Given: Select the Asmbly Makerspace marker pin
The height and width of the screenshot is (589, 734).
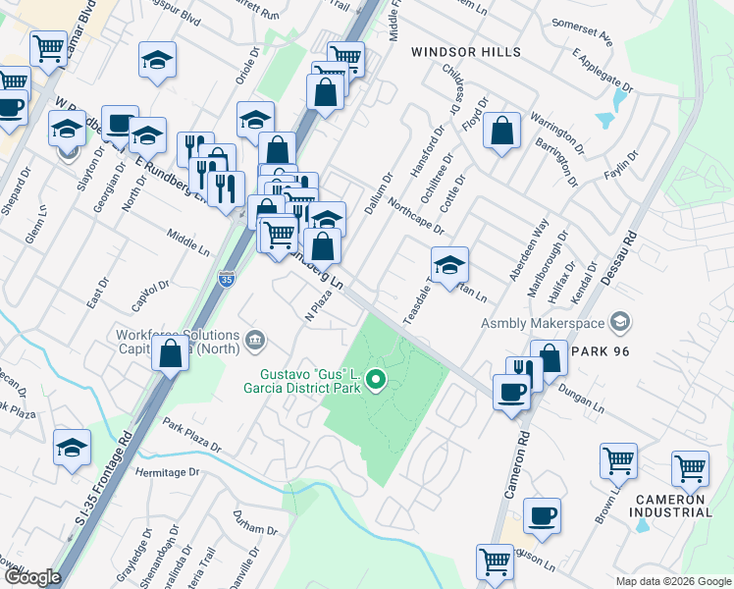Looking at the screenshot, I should click(619, 322).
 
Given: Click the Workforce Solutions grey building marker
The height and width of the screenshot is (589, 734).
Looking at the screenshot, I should click(254, 341).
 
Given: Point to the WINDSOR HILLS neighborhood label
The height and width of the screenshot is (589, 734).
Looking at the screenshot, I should click(466, 51).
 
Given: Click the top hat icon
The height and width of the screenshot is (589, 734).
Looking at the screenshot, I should click(120, 125).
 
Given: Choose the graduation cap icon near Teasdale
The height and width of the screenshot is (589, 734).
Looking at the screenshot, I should click(449, 264).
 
